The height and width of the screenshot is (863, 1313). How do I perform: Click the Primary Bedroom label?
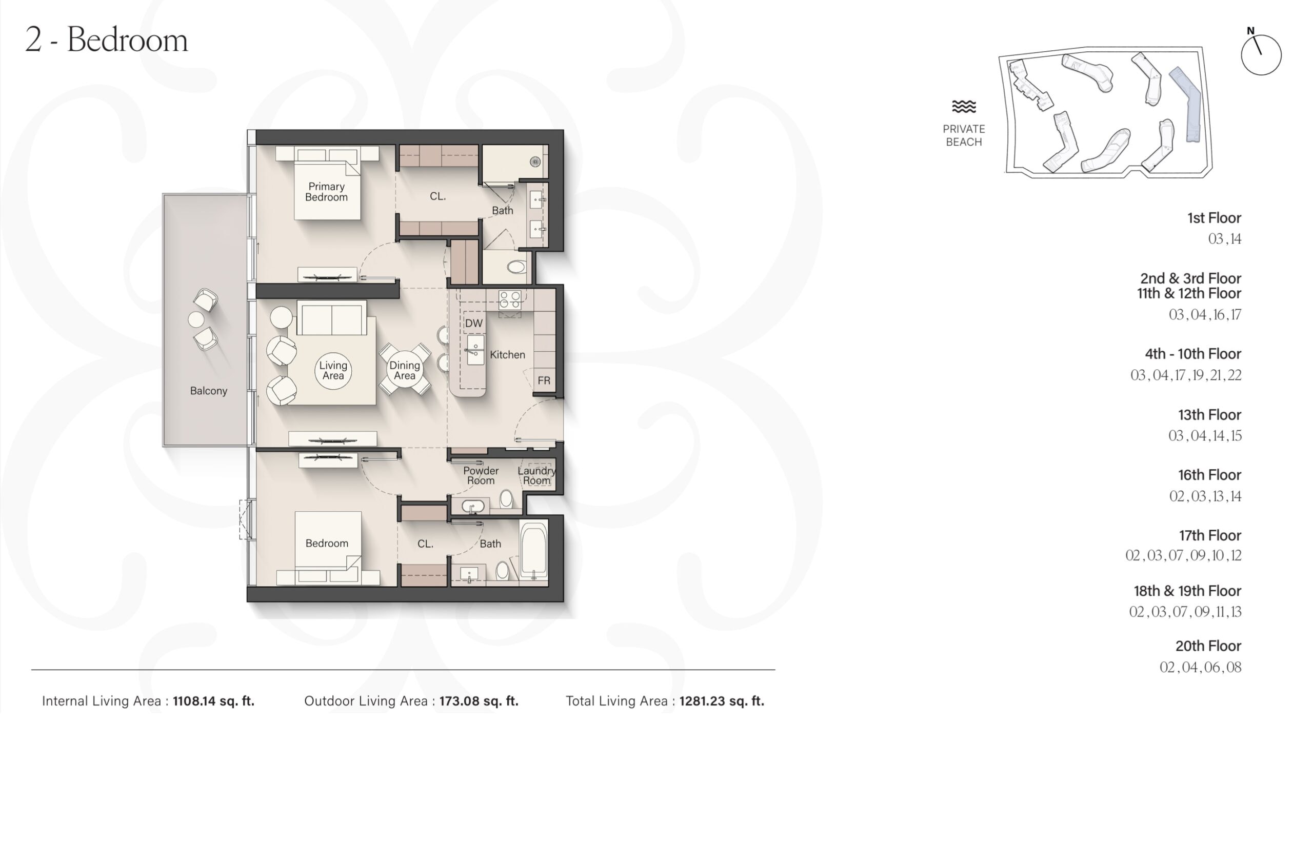(327, 192)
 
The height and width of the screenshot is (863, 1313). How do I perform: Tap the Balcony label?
(209, 391)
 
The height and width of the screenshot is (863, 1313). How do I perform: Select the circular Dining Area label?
(404, 370)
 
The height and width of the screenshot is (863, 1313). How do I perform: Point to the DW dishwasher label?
(473, 323)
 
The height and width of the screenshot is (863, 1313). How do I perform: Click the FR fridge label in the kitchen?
(544, 380)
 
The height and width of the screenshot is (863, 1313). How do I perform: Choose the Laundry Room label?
(537, 475)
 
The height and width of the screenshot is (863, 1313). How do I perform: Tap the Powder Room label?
(481, 475)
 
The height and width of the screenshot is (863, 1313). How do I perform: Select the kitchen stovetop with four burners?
(510, 300)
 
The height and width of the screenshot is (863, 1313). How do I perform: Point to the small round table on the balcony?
(196, 319)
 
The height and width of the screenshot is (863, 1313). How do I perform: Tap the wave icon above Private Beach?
(964, 107)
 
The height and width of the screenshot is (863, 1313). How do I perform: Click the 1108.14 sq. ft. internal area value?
(213, 701)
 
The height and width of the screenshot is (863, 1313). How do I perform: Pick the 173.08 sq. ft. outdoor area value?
(479, 701)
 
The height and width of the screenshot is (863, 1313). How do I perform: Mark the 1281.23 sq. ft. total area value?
(722, 701)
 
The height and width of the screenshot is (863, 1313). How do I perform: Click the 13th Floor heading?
(1209, 415)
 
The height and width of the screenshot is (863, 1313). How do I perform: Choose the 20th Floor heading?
(1208, 646)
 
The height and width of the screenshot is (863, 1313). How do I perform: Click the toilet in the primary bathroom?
(516, 267)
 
